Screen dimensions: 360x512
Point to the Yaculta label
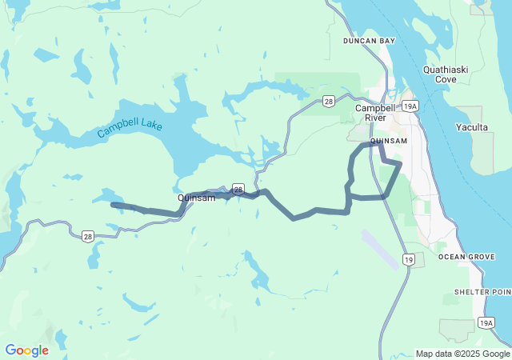pyautogui.click(x=471, y=127)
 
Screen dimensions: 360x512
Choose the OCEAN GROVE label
pyautogui.click(x=463, y=257)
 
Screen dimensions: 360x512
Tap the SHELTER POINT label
pyautogui.click(x=482, y=293)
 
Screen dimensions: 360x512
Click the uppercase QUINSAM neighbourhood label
pyautogui.click(x=390, y=142)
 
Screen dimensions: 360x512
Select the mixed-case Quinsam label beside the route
pyautogui.click(x=196, y=198)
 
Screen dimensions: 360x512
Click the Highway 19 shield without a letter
pyautogui.click(x=409, y=260)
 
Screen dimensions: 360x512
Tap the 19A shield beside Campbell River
pyautogui.click(x=410, y=106)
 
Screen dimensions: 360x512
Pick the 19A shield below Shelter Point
pyautogui.click(x=486, y=322)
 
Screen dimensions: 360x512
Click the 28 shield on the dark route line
pyautogui.click(x=238, y=189)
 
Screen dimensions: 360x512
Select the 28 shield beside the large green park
pyautogui.click(x=328, y=101)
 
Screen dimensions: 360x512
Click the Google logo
pyautogui.click(x=26, y=350)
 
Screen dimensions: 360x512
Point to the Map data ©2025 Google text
pyautogui.click(x=462, y=354)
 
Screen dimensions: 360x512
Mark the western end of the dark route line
pyautogui.click(x=113, y=205)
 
